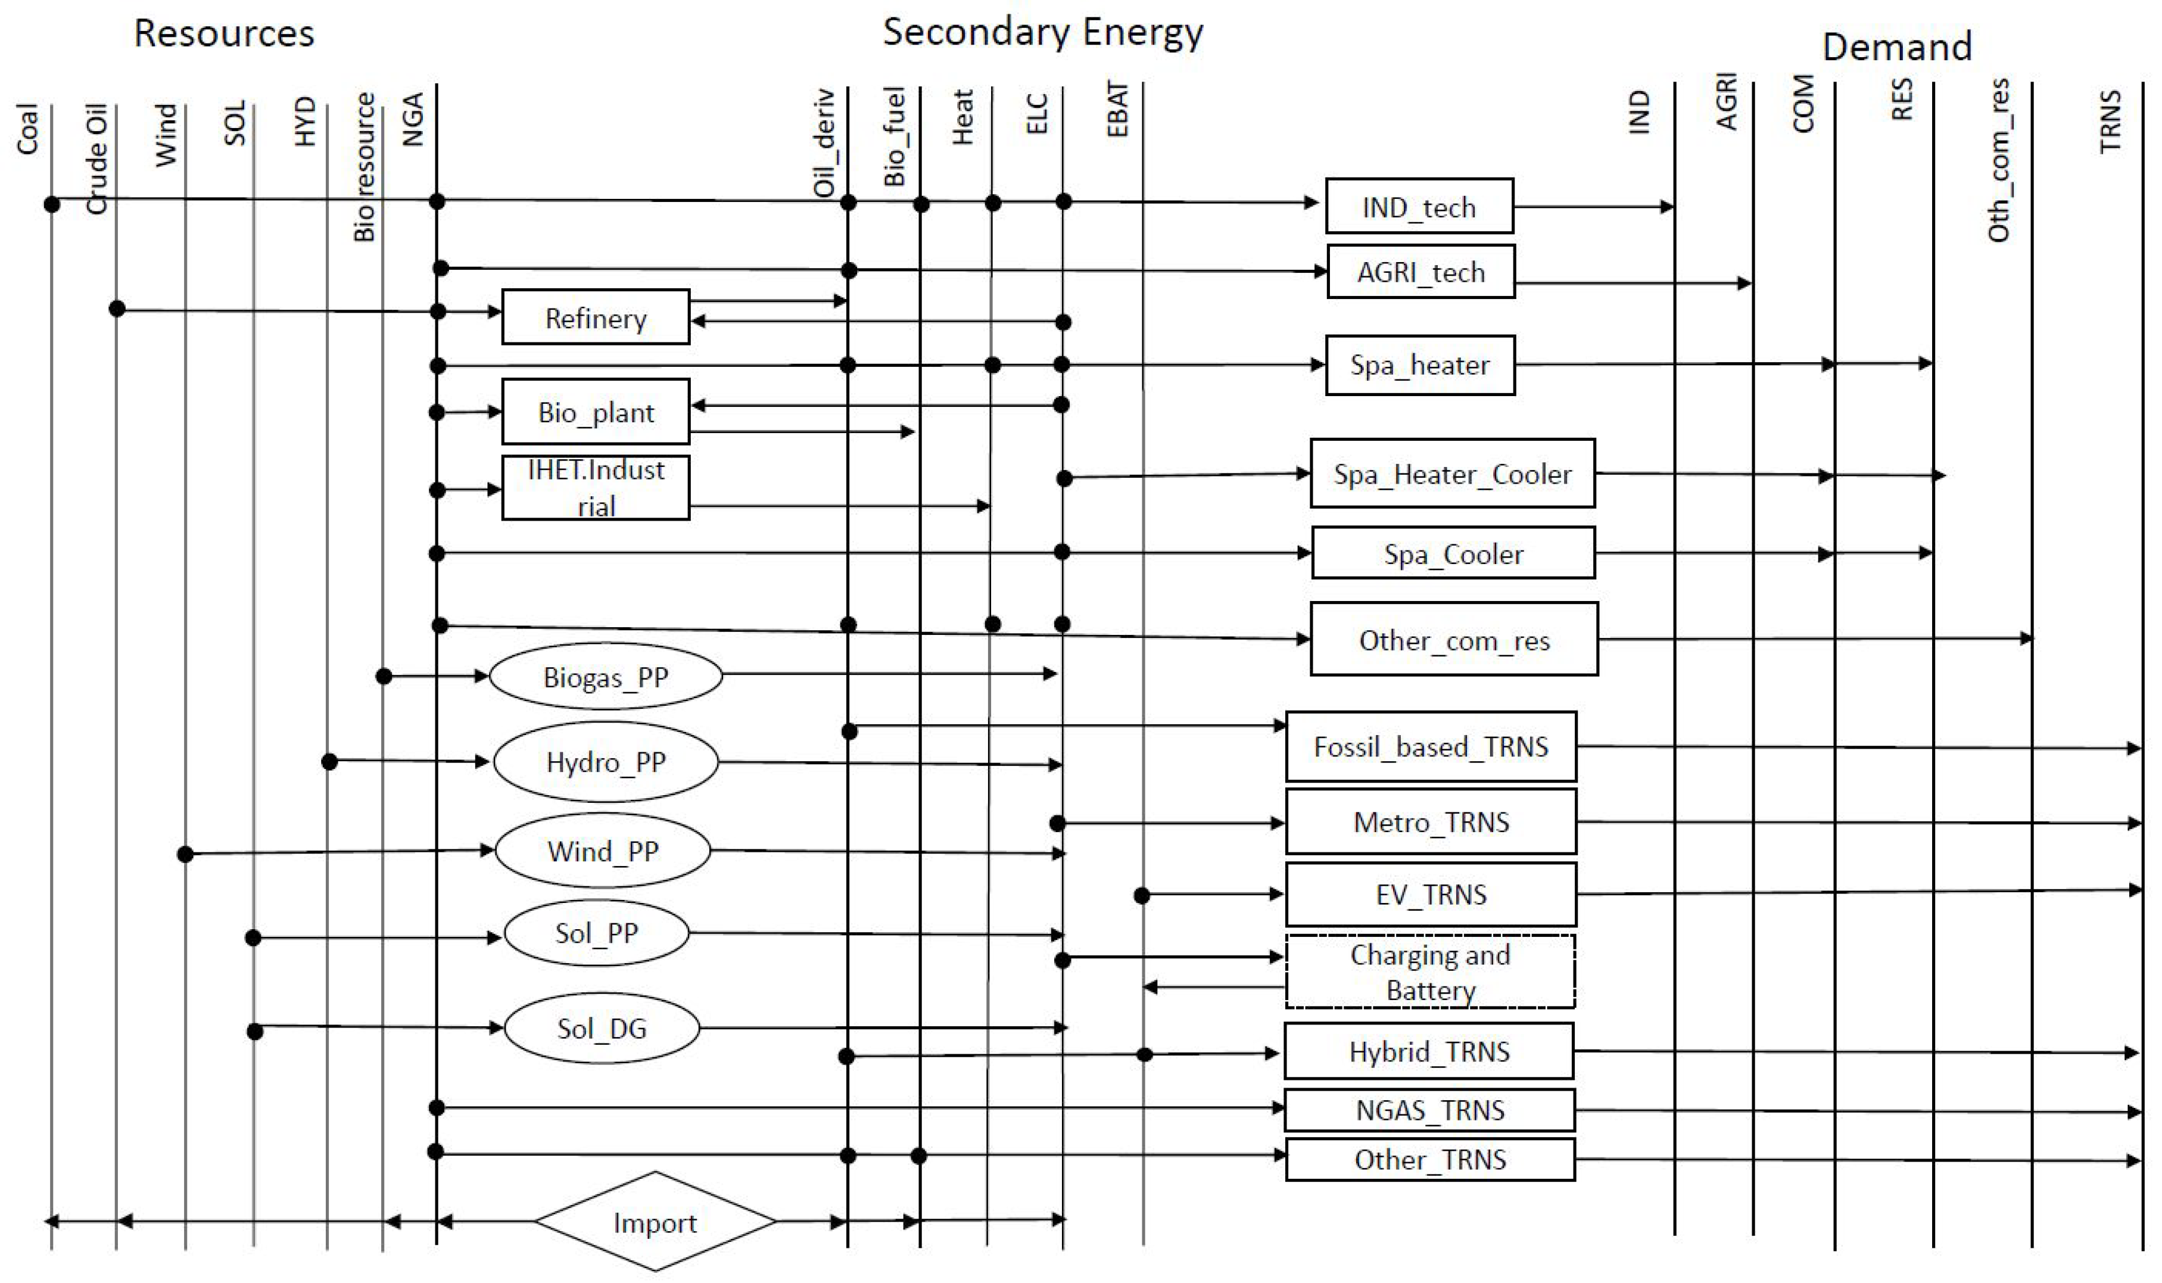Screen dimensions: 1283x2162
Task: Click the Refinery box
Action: coord(596,317)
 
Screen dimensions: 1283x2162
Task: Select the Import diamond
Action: coord(655,1222)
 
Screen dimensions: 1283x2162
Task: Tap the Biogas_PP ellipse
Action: coord(605,676)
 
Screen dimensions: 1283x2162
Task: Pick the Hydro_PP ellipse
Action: coord(605,762)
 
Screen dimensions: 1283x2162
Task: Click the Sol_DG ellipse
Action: coord(601,1028)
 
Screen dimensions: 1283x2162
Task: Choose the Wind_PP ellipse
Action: coord(603,851)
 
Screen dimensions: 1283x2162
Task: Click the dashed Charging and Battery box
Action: coord(1430,971)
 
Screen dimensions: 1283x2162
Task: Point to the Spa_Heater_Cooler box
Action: coord(1451,474)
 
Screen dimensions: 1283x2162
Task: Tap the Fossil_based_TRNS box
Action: coord(1430,746)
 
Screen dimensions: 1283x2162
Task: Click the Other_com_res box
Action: coord(1453,640)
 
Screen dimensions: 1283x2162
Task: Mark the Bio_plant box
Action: coord(596,412)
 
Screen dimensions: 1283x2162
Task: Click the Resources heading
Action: coord(224,34)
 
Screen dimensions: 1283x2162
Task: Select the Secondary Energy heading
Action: coord(1042,32)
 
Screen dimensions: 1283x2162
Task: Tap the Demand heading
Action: coord(1896,46)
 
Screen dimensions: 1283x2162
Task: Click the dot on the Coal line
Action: coord(52,204)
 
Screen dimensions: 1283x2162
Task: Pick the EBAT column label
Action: coord(1118,110)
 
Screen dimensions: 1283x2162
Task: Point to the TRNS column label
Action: coord(2110,121)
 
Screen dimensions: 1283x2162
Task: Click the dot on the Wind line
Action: coord(185,854)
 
